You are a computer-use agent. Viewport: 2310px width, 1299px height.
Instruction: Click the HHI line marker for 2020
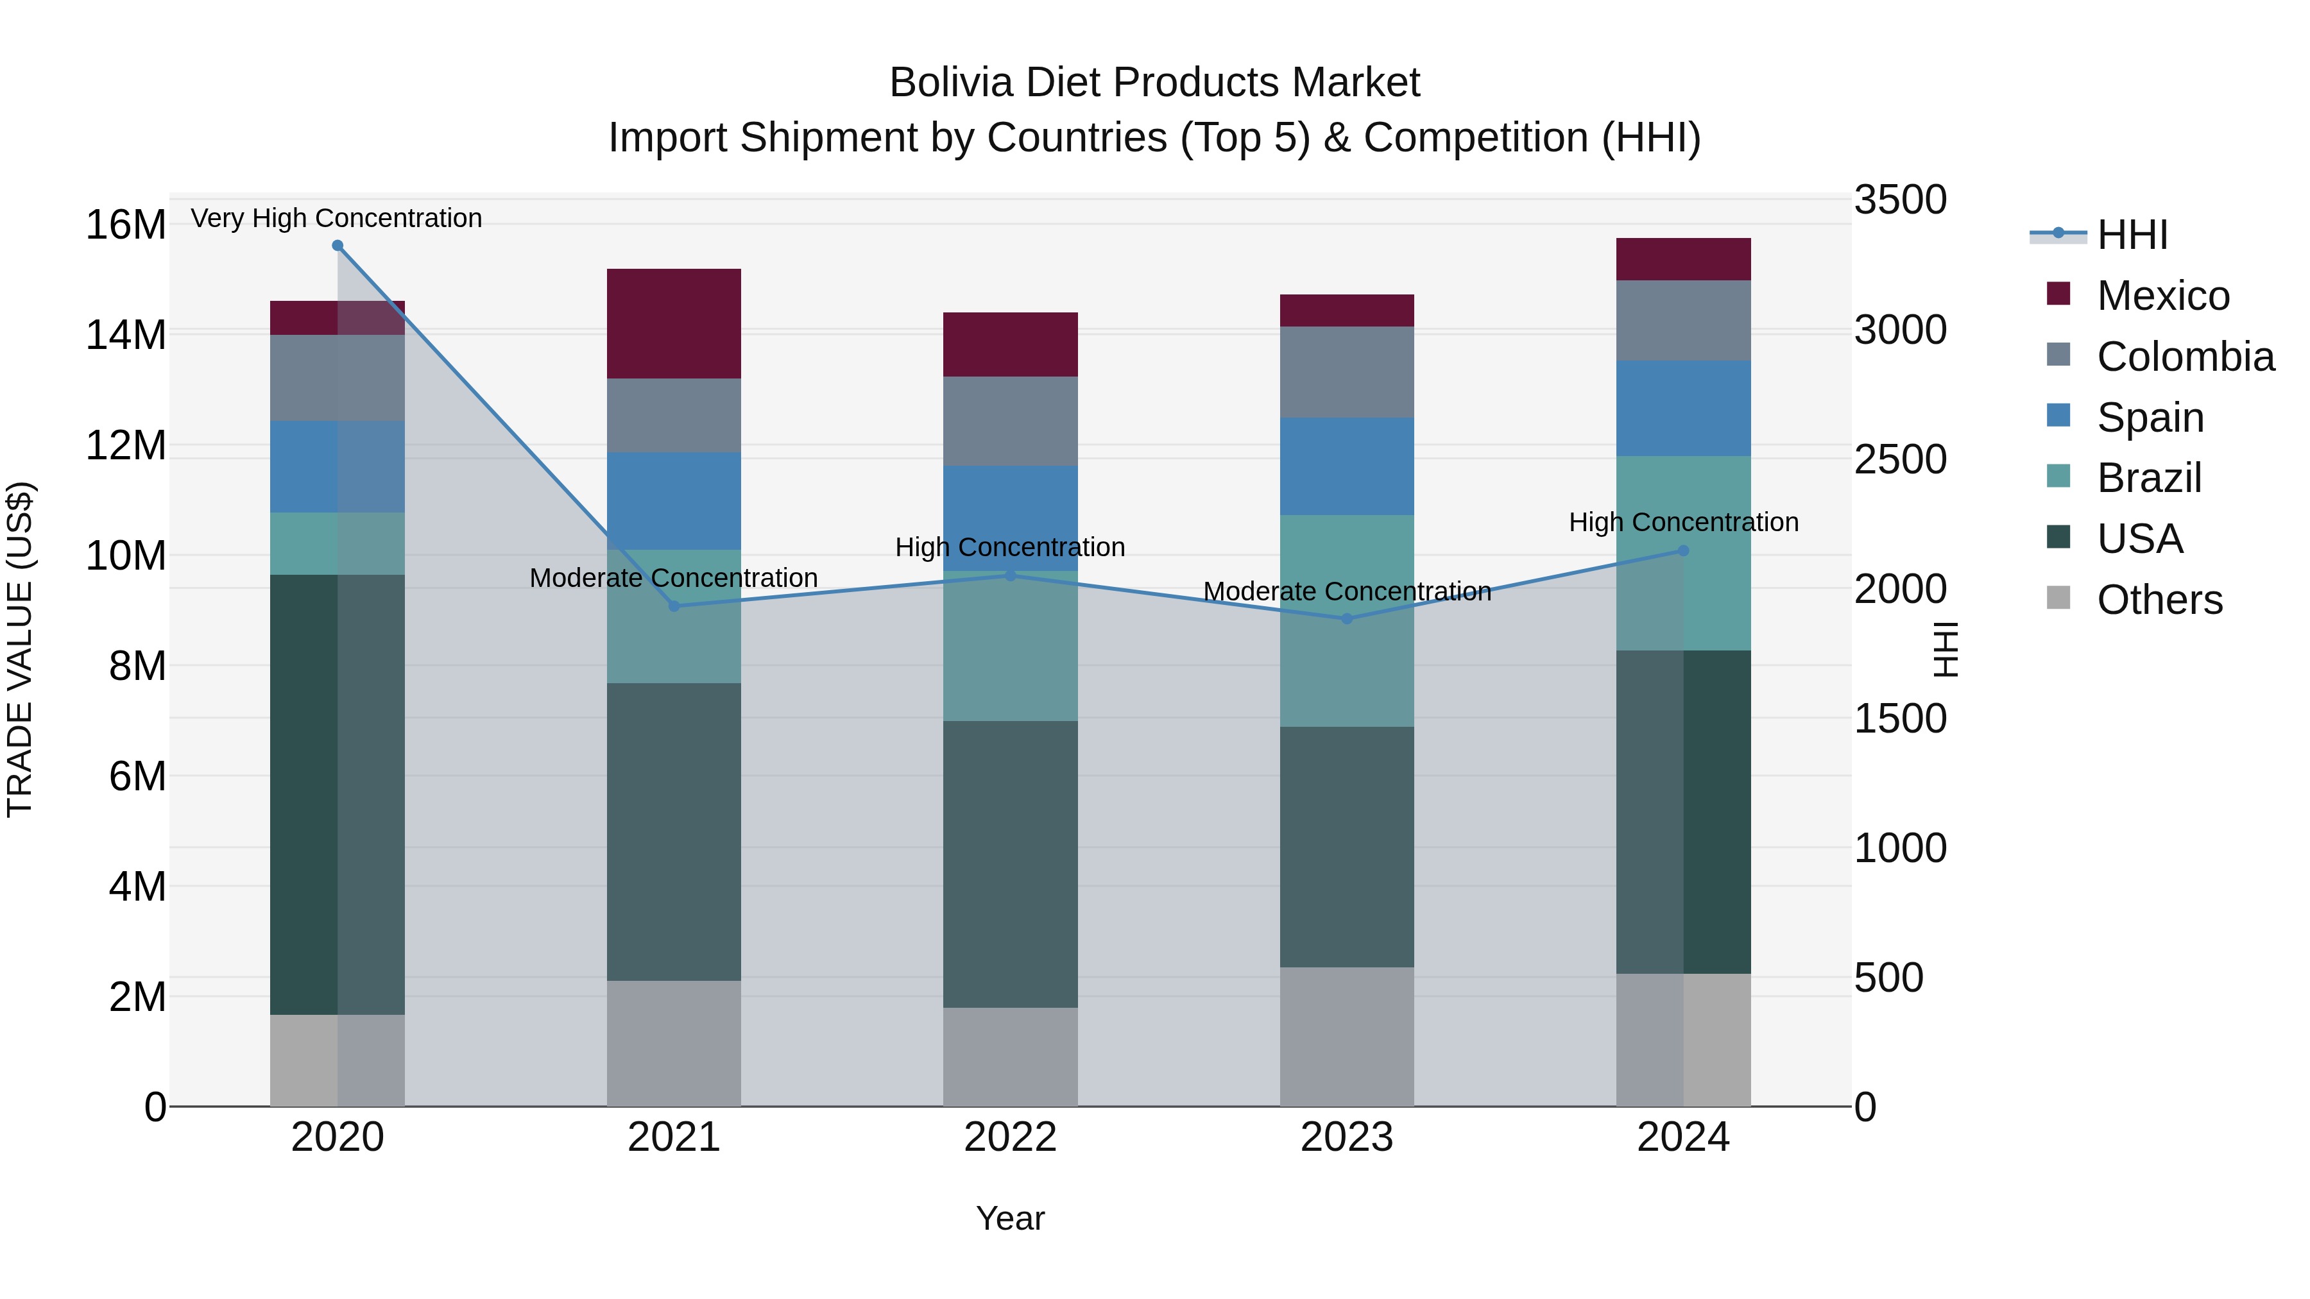(337, 246)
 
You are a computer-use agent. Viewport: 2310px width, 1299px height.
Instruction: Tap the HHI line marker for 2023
(1346, 618)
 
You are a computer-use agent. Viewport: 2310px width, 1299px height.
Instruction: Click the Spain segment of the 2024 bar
(1682, 408)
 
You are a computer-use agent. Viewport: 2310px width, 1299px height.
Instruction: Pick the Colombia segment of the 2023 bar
(1346, 371)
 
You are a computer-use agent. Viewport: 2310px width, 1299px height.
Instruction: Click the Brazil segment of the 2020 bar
(337, 543)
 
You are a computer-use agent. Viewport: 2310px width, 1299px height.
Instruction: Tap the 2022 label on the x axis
(1010, 1137)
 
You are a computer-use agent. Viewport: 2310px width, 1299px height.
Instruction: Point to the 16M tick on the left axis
(126, 224)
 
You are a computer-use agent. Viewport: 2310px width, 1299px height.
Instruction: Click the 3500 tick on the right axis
(1899, 200)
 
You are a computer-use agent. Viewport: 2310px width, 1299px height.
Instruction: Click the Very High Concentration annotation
(336, 218)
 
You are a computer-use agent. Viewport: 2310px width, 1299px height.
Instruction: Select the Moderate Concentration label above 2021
(674, 578)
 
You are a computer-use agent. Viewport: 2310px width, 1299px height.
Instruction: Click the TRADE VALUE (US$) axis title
(20, 649)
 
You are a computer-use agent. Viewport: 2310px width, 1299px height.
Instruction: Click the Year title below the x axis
(1010, 1218)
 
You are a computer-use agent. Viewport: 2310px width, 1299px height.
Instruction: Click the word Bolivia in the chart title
(952, 83)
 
